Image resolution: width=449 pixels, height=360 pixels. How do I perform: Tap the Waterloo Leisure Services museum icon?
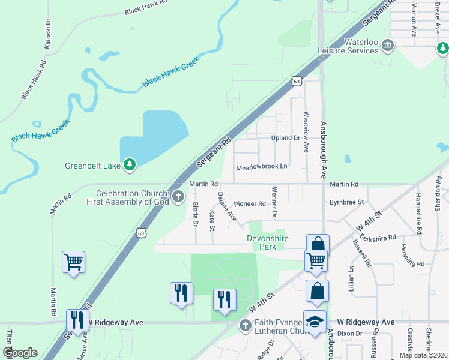coord(388,46)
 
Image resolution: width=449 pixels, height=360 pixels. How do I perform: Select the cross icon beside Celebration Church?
coord(178,197)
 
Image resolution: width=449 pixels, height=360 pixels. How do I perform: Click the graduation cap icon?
coord(316,322)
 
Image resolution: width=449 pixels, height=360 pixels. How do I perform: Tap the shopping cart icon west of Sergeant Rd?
coord(73,262)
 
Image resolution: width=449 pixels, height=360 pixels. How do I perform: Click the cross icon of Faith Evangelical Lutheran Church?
coord(244,326)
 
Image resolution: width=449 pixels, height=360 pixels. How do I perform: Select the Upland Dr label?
coord(285,138)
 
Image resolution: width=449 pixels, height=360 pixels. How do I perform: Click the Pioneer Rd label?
coord(250,204)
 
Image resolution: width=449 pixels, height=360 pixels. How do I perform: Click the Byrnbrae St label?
coord(347,203)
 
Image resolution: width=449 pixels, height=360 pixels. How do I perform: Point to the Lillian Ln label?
coord(351,278)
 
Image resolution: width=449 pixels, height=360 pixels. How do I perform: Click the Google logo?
coord(20,353)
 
